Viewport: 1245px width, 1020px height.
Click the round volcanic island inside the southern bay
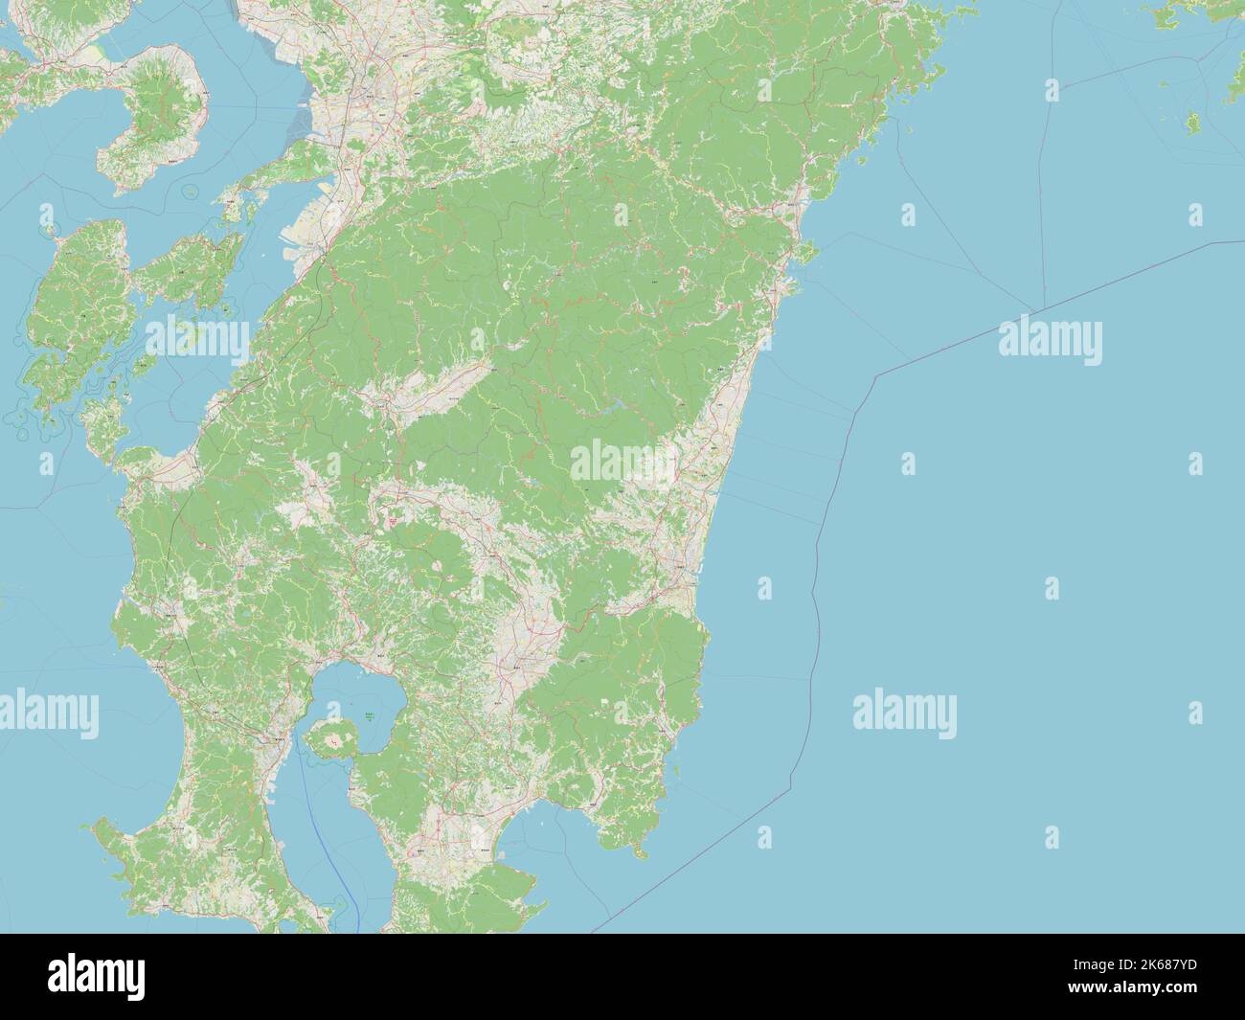pos(332,737)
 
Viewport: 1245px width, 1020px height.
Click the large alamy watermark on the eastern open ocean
pos(1050,341)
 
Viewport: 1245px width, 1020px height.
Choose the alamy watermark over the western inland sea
pos(196,336)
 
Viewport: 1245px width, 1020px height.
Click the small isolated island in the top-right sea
pos(1193,123)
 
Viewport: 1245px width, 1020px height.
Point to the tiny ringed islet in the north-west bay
pos(192,192)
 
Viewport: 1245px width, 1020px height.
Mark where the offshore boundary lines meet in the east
pos(1034,313)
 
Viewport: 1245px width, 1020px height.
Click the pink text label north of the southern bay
pos(394,520)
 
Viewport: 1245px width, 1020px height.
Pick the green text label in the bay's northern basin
pos(369,715)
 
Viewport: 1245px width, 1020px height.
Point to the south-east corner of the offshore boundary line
pos(791,789)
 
